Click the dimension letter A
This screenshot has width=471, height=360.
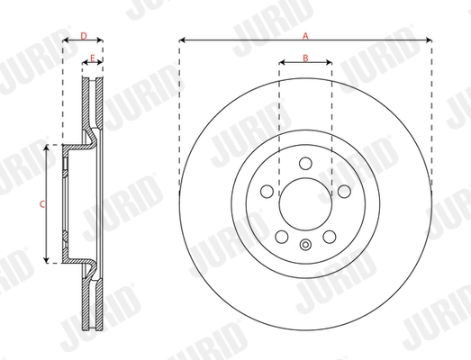coord(306,35)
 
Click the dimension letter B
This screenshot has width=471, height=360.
coord(305,58)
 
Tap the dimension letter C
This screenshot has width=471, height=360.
coord(41,204)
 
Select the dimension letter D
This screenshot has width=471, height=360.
coord(83,35)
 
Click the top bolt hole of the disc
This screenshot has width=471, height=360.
coord(305,164)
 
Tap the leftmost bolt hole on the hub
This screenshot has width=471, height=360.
coord(267,191)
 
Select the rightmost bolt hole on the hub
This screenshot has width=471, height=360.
coord(344,191)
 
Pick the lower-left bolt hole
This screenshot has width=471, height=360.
coord(281,236)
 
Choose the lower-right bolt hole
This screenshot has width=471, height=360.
coord(330,236)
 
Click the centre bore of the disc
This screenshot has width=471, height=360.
coord(305,204)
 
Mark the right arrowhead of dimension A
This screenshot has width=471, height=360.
coord(428,40)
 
